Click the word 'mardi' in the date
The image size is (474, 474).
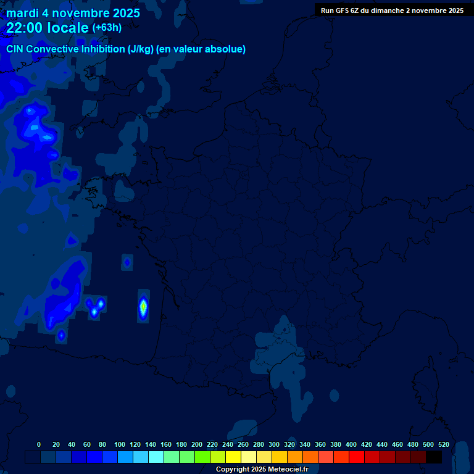pyautogui.click(x=22, y=13)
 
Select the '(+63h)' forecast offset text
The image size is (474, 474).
pyautogui.click(x=107, y=28)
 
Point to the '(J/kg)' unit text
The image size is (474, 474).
pyautogui.click(x=141, y=49)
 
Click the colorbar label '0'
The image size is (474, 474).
pyautogui.click(x=39, y=445)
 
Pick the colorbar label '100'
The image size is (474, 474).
pyautogui.click(x=120, y=445)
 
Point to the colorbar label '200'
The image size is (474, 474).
pyautogui.click(x=197, y=445)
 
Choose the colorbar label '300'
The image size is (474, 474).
pyautogui.click(x=274, y=445)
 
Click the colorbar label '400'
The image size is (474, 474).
pyautogui.click(x=351, y=445)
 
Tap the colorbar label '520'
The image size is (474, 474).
pyautogui.click(x=443, y=445)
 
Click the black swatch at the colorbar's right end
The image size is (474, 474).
pyautogui.click(x=434, y=457)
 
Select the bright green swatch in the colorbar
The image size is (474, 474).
pyautogui.click(x=202, y=457)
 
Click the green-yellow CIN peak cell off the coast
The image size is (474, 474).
pyautogui.click(x=143, y=305)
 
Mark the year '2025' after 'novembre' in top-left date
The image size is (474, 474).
pyautogui.click(x=123, y=13)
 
